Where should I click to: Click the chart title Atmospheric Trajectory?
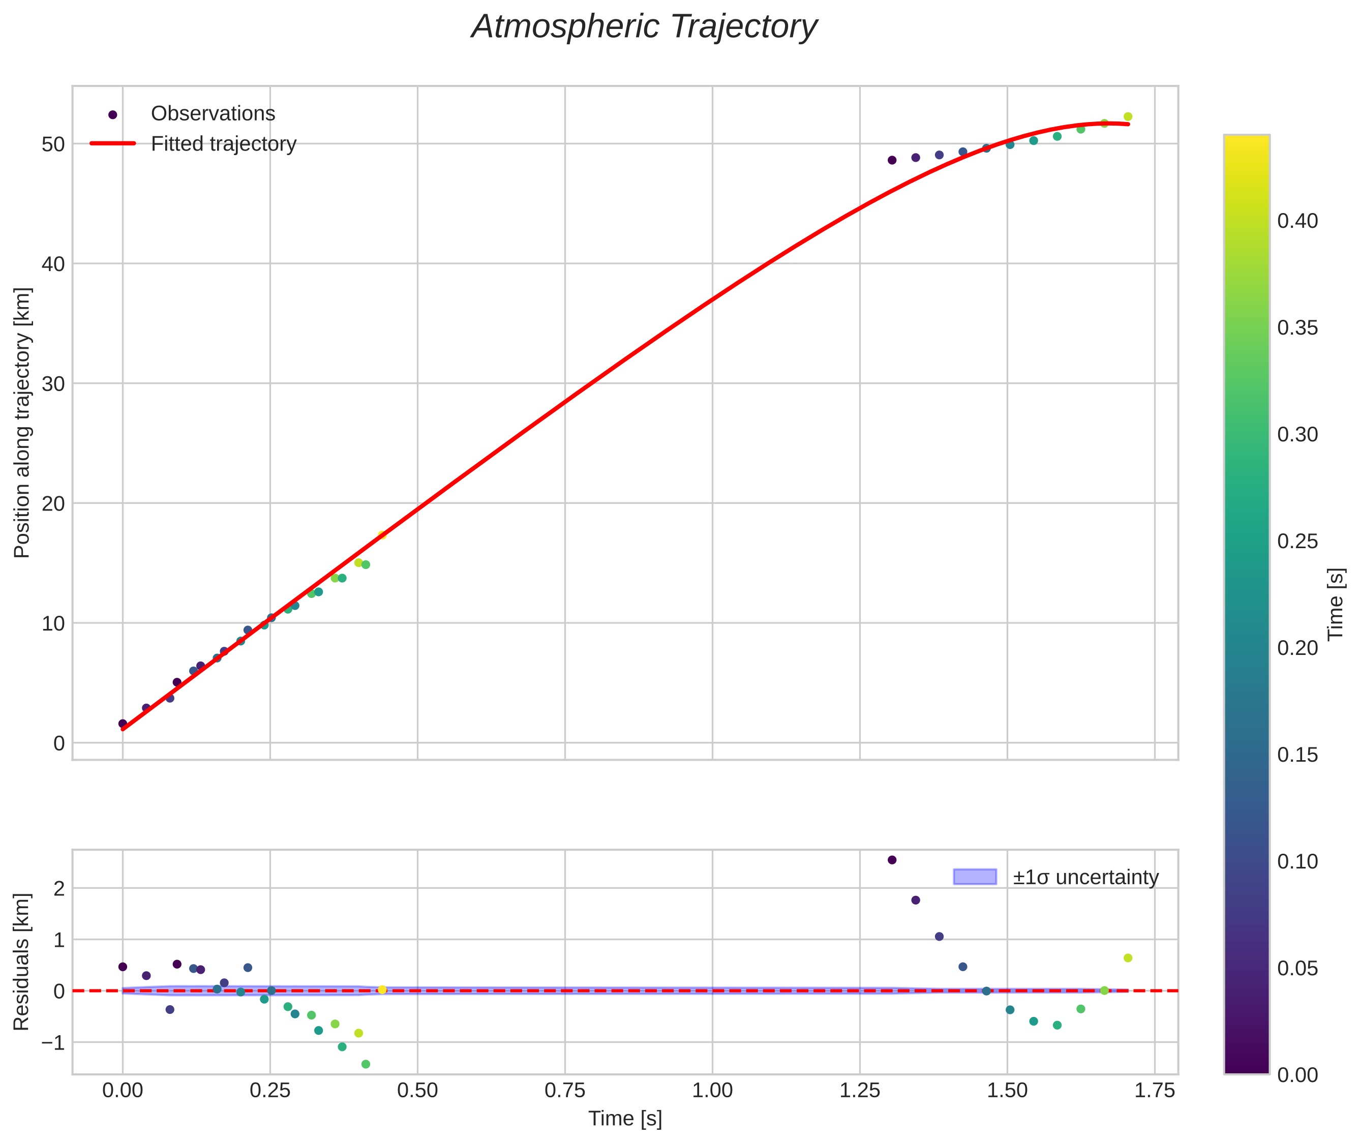click(644, 27)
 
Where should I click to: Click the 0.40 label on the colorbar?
click(1297, 221)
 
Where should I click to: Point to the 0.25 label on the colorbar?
click(1297, 541)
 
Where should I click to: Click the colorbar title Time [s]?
click(1336, 604)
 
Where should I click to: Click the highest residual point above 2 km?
click(892, 860)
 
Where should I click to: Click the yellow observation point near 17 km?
click(382, 535)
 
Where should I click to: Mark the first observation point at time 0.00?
click(123, 724)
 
